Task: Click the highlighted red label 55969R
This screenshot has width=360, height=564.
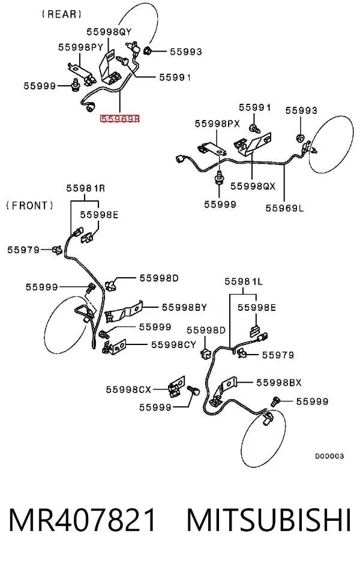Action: coord(119,119)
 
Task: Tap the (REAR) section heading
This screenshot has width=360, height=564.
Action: coord(62,14)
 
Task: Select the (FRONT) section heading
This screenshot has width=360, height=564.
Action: coord(30,206)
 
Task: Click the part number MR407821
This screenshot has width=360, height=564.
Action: coord(83,520)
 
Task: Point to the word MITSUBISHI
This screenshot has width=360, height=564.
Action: coord(269,520)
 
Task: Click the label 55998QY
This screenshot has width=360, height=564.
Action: coord(109,32)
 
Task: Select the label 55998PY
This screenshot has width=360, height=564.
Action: coord(81,47)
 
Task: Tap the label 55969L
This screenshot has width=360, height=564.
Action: coord(284,208)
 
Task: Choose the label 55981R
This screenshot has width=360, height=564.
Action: coord(86,188)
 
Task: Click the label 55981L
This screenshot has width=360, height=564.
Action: coord(244,281)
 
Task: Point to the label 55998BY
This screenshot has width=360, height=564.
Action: coord(184,308)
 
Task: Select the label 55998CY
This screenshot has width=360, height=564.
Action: coord(173,344)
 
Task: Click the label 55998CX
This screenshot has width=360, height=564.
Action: coord(128,389)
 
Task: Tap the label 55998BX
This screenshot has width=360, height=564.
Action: coord(279,383)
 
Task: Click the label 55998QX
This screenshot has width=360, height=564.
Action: coord(253,186)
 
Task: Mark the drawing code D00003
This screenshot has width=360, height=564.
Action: coord(329,456)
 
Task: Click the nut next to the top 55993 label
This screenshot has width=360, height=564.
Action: coord(147,52)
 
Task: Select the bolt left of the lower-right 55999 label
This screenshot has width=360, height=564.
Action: coord(275,401)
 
